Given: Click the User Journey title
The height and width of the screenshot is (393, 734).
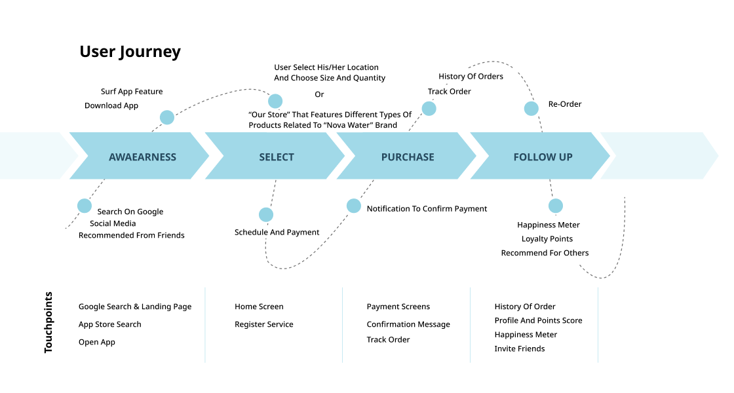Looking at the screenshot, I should [130, 52].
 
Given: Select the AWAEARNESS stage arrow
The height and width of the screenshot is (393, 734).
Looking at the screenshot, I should [142, 157].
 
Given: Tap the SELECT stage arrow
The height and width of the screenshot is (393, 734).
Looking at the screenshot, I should [277, 157].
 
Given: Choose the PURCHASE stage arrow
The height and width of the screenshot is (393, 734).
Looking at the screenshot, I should [408, 157].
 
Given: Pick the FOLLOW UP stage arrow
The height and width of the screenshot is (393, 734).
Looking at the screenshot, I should [543, 157].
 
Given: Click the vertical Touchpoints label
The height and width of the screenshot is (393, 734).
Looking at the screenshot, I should [48, 323].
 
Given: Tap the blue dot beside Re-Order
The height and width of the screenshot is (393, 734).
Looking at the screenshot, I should [531, 109].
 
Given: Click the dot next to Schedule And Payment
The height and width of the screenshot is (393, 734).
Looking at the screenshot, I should [266, 215].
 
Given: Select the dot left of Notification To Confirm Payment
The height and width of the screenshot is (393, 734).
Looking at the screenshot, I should [354, 206].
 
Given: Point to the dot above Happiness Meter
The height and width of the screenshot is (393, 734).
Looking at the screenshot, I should [556, 206].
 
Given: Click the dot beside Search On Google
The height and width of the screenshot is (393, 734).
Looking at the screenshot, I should [85, 206].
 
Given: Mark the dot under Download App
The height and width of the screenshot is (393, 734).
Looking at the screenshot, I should [167, 117].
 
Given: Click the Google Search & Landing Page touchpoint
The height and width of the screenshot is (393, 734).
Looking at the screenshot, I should [135, 307].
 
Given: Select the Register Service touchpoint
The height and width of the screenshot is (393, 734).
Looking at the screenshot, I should [264, 324].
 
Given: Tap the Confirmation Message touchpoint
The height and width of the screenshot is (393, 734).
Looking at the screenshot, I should [408, 324].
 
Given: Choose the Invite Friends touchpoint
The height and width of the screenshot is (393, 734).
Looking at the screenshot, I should [520, 348].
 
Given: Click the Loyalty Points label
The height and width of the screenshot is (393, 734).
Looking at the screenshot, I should [547, 239].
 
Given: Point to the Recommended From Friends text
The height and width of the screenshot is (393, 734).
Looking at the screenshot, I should [132, 235].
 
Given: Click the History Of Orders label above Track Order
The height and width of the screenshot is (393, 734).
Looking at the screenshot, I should [471, 77].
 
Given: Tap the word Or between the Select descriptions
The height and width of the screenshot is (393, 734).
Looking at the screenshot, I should [319, 95].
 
